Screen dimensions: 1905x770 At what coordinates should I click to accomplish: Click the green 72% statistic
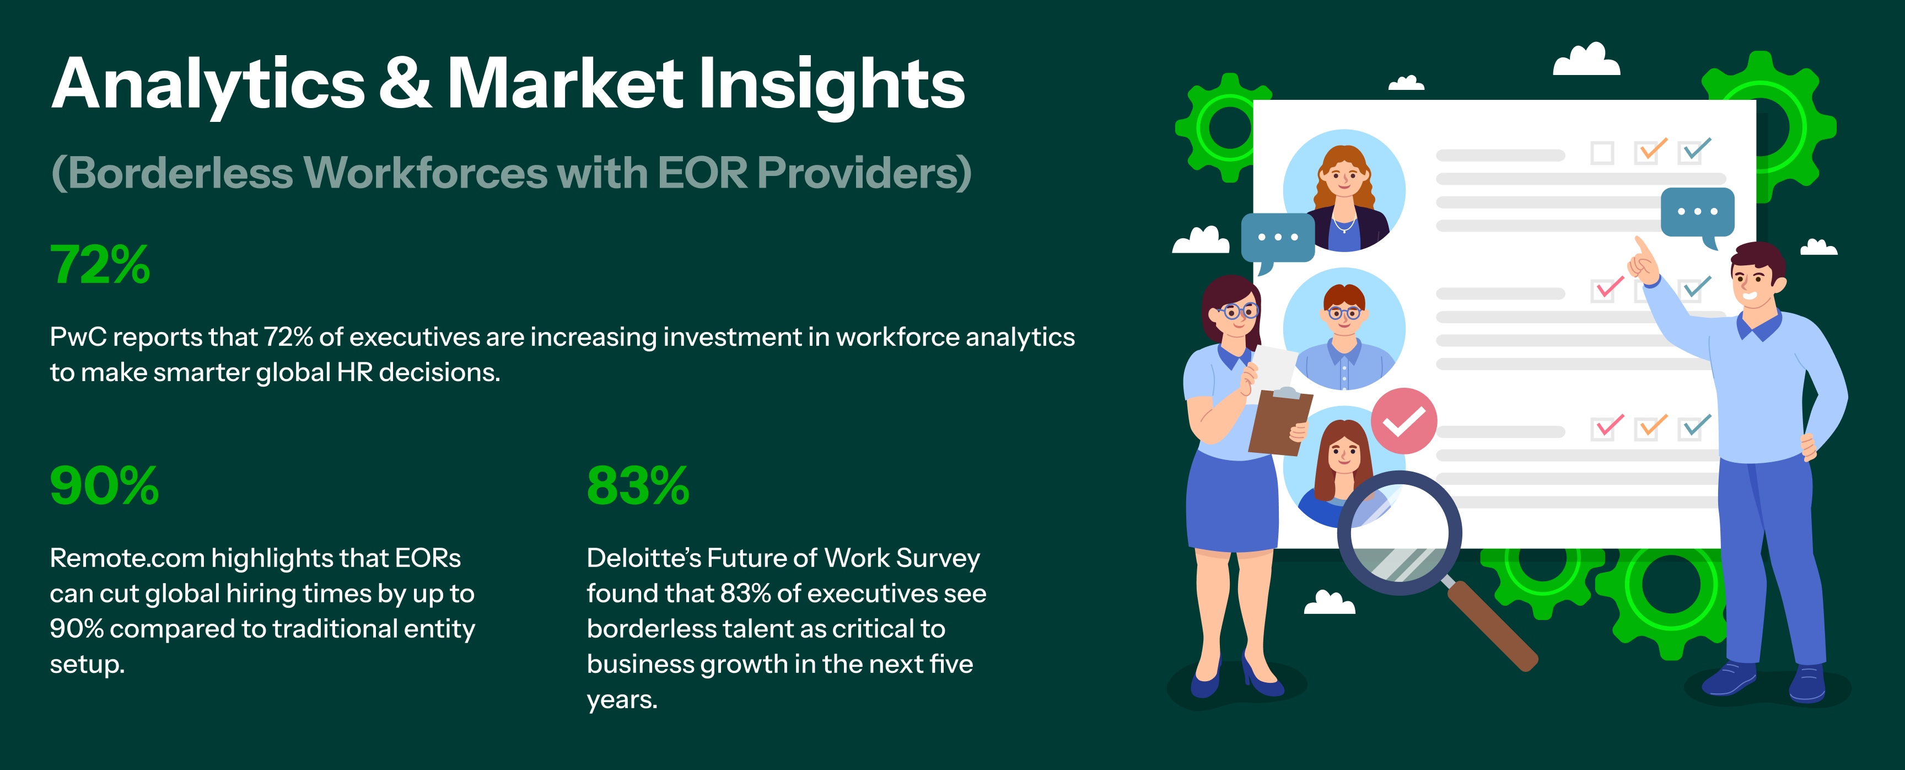[x=100, y=264]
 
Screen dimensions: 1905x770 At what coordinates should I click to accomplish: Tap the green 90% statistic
[x=104, y=485]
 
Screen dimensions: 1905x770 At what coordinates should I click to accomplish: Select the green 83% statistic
[x=637, y=485]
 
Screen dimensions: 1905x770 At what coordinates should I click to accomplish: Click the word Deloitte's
[x=643, y=558]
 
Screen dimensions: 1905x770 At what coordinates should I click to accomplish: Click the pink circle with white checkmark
[x=1403, y=421]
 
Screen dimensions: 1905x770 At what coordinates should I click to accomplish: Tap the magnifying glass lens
[x=1398, y=533]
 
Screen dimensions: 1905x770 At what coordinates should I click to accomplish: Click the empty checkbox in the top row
[x=1602, y=153]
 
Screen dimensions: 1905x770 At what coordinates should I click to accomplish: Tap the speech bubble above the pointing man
[x=1697, y=215]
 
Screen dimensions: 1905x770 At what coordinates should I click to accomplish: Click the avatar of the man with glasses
[x=1344, y=329]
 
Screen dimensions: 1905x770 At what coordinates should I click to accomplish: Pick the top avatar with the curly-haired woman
[x=1344, y=191]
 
